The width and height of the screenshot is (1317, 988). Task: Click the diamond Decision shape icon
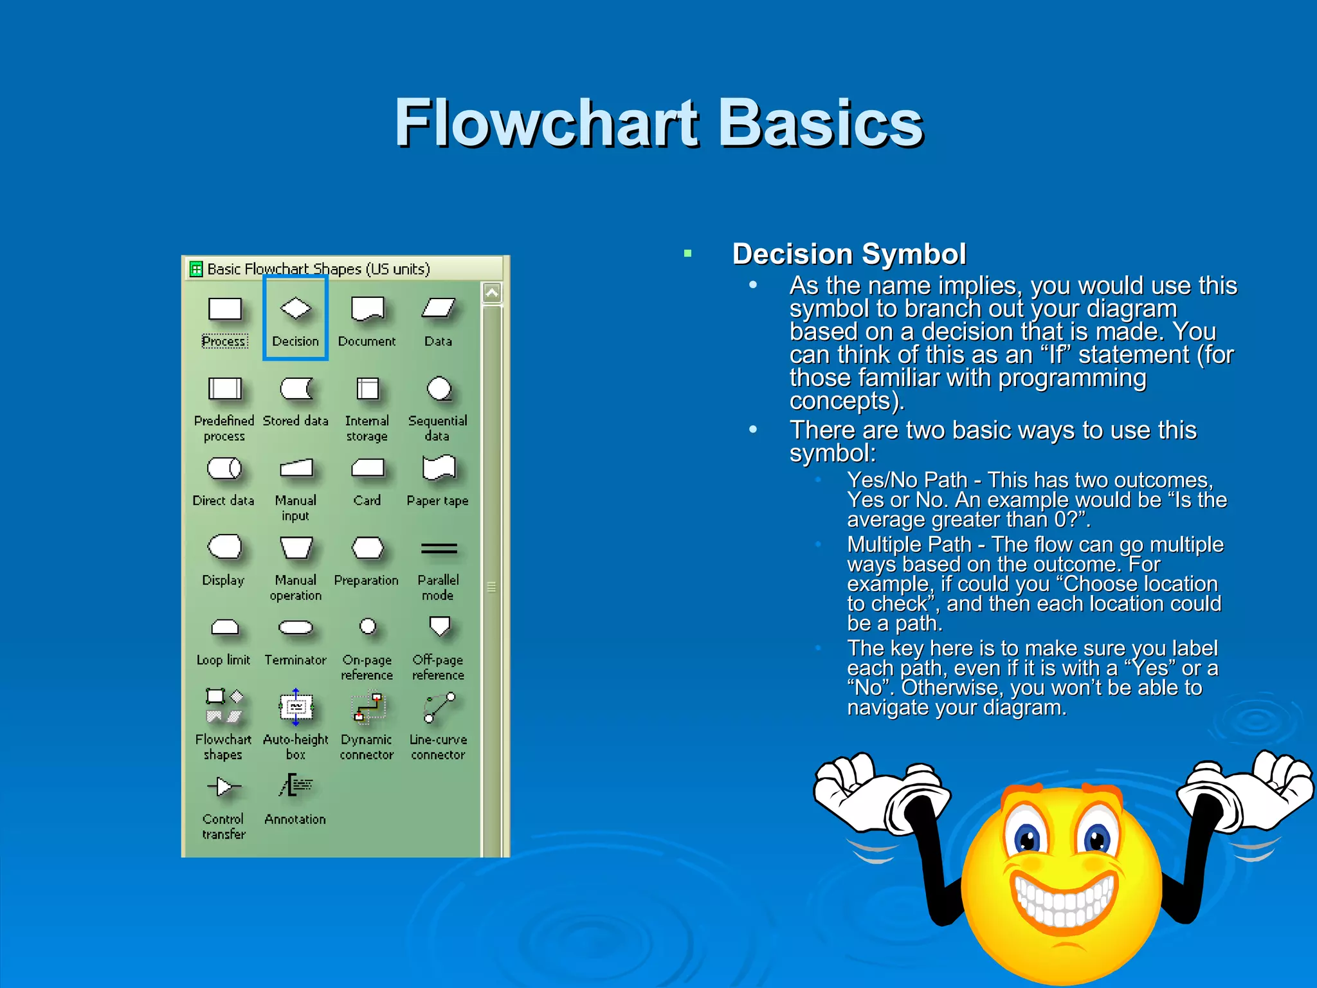pyautogui.click(x=296, y=308)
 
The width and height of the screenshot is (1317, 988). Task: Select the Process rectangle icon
pyautogui.click(x=224, y=309)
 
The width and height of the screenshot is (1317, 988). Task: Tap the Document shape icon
pyautogui.click(x=367, y=309)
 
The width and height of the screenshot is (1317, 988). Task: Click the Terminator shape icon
pyautogui.click(x=296, y=627)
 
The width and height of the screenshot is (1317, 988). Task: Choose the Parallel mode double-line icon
pyautogui.click(x=439, y=548)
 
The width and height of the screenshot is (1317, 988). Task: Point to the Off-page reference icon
pyautogui.click(x=439, y=625)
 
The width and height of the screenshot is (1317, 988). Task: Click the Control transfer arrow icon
pyautogui.click(x=224, y=786)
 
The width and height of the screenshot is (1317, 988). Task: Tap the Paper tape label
pyautogui.click(x=437, y=500)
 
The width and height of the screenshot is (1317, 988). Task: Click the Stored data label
pyautogui.click(x=296, y=421)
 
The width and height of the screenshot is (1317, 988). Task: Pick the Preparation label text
pyautogui.click(x=367, y=580)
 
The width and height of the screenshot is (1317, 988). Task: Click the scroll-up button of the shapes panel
pyautogui.click(x=492, y=293)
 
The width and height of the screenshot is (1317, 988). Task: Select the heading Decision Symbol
pyautogui.click(x=849, y=254)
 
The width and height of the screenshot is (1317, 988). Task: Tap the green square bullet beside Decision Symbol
pyautogui.click(x=687, y=253)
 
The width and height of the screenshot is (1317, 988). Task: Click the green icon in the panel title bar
pyautogui.click(x=196, y=269)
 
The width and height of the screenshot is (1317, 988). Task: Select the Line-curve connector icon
pyautogui.click(x=439, y=707)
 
